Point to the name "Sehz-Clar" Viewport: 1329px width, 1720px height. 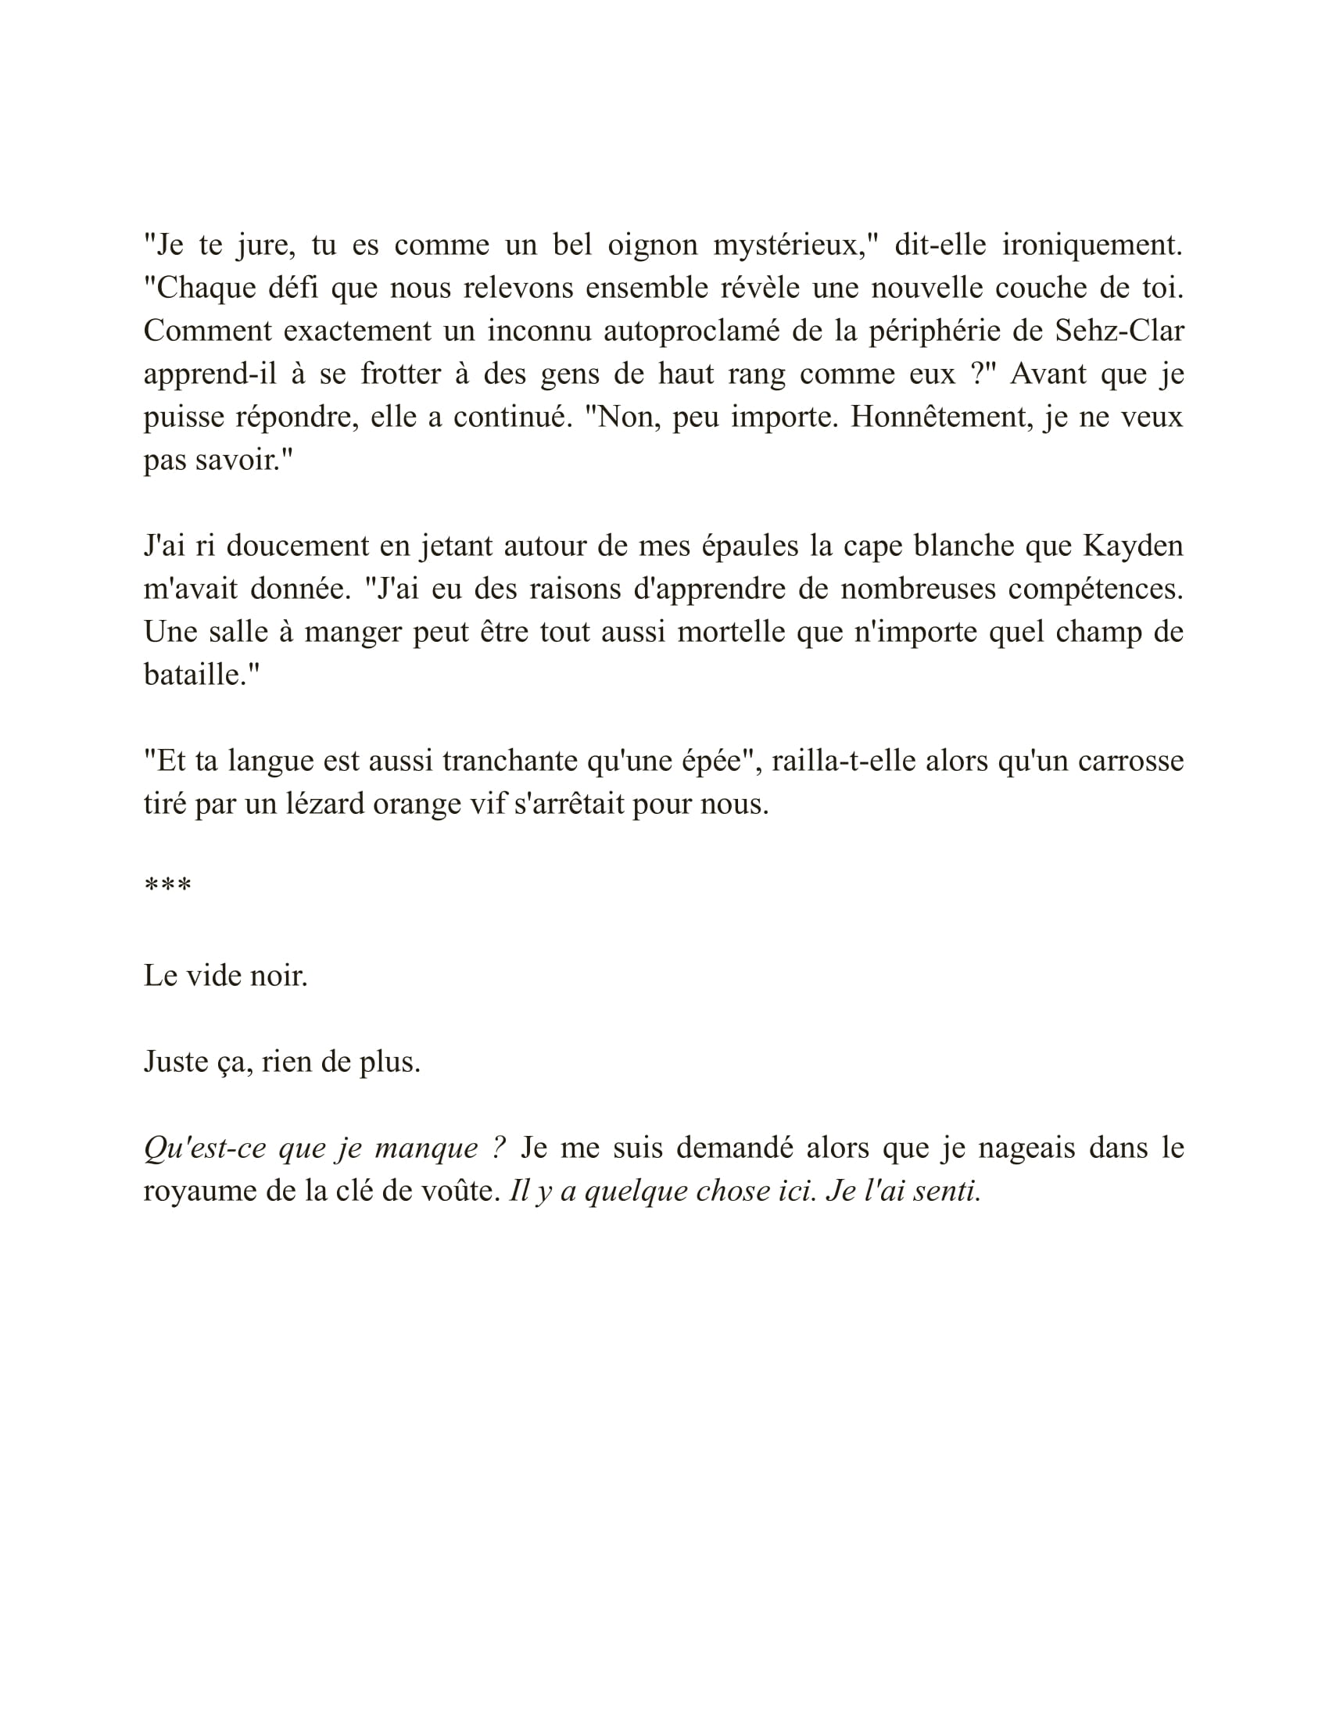pyautogui.click(x=1119, y=331)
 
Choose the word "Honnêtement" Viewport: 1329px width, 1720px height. pyautogui.click(x=940, y=417)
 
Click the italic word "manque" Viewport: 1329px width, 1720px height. pyautogui.click(x=426, y=1148)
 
